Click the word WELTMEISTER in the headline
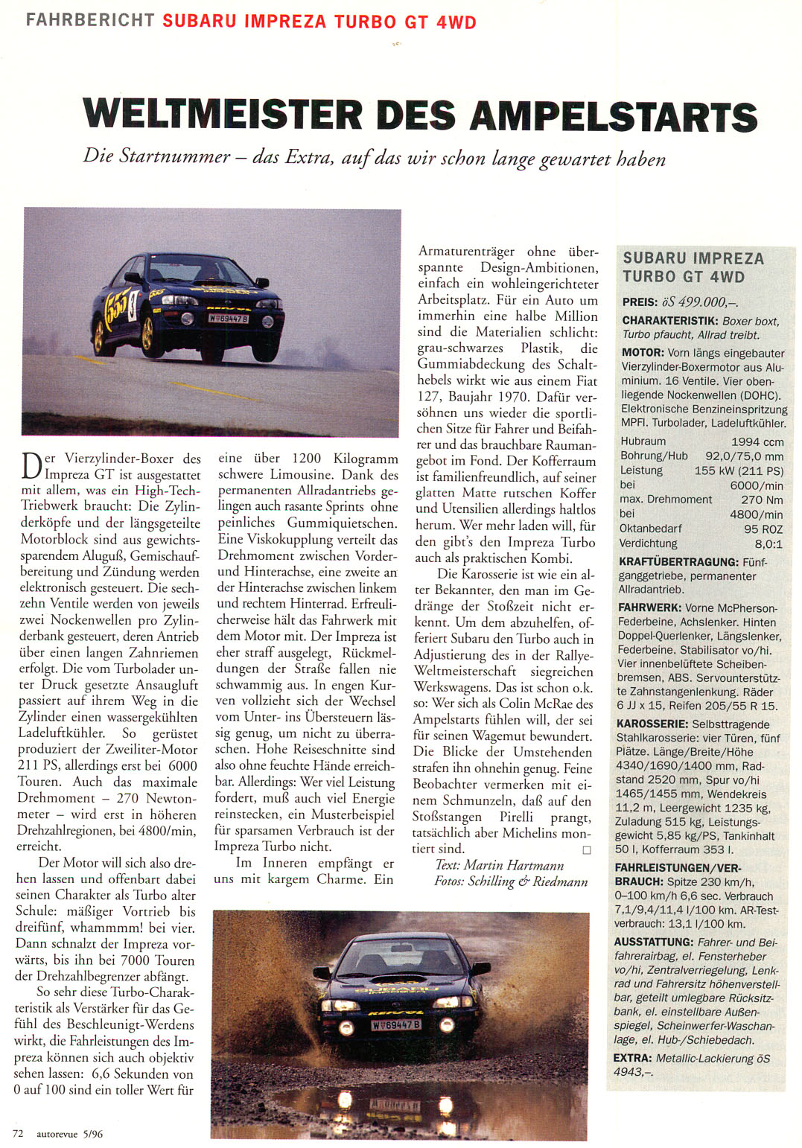[223, 116]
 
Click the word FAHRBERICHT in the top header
[90, 20]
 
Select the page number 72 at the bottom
[18, 1133]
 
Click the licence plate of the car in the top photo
[228, 318]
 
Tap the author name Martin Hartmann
[514, 865]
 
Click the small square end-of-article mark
[587, 849]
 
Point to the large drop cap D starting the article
[33, 467]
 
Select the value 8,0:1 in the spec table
[768, 543]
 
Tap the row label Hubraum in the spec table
[643, 441]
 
